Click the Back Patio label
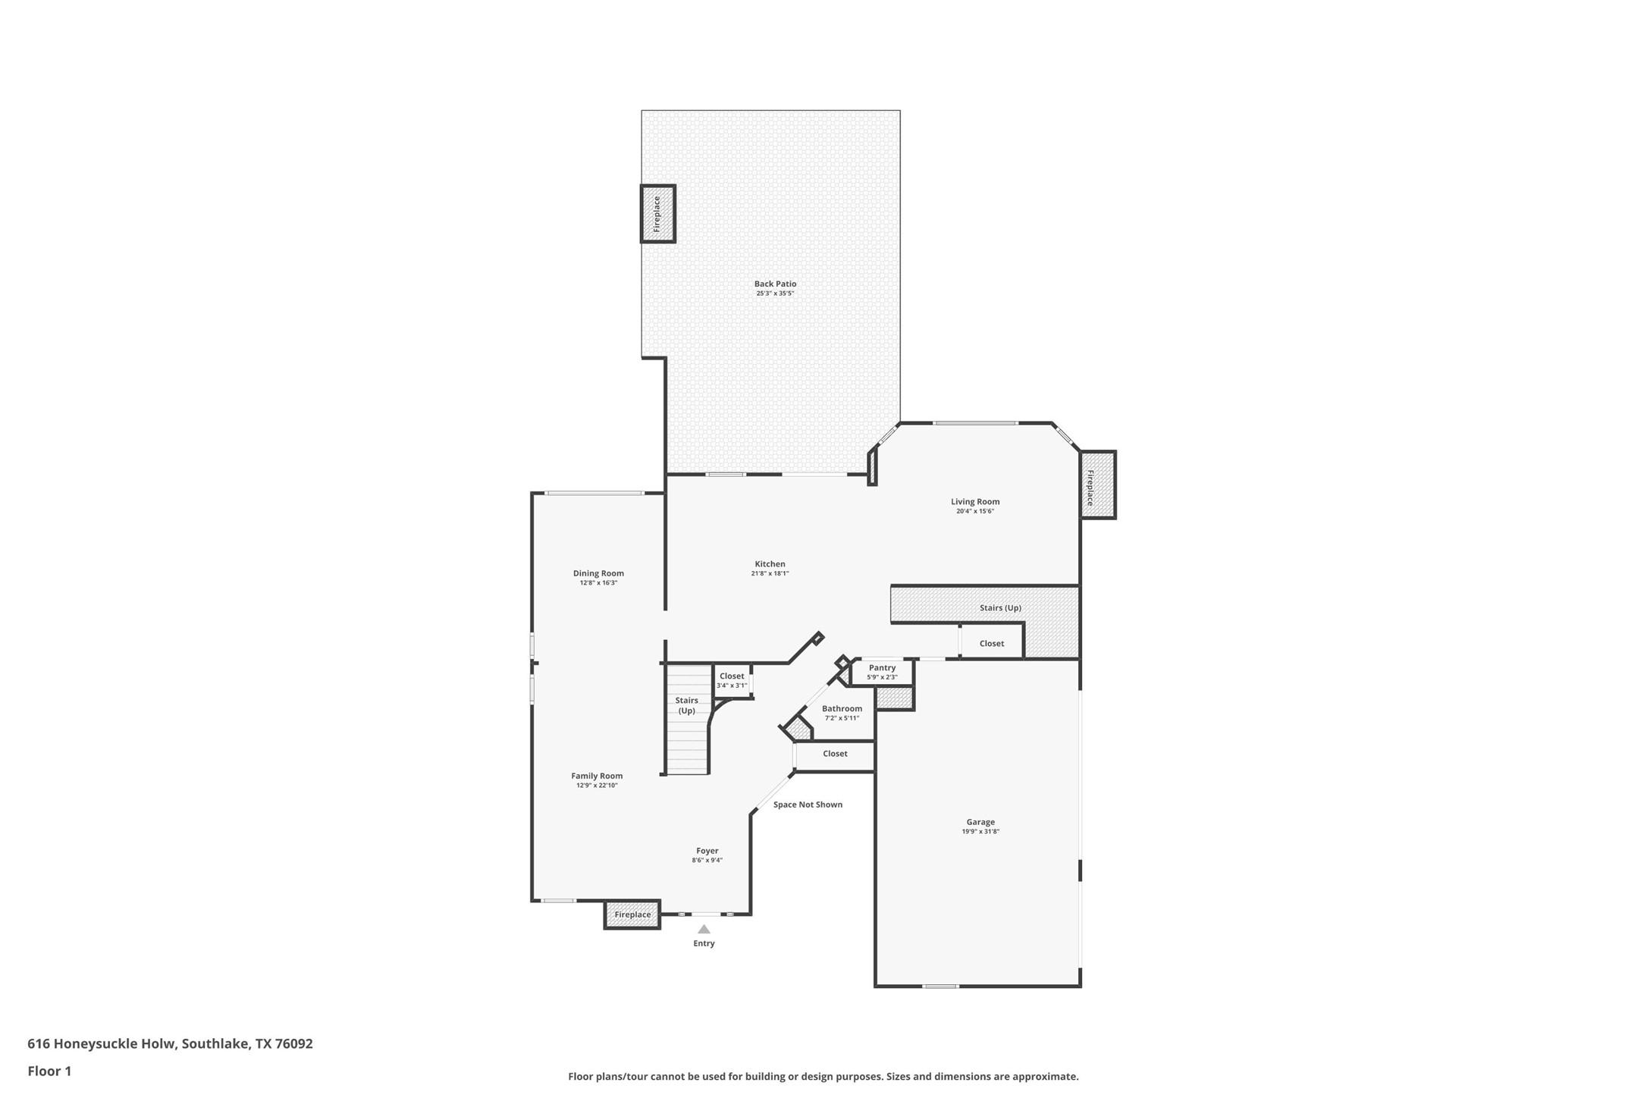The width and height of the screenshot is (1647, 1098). (x=775, y=284)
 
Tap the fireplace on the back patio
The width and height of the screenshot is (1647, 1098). (x=657, y=214)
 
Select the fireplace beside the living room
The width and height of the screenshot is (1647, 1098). (x=1097, y=485)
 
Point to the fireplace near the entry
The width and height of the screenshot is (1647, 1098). (x=632, y=914)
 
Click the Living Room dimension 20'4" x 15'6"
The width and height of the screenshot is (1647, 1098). (x=975, y=511)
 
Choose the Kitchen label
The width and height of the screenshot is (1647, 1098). (x=770, y=564)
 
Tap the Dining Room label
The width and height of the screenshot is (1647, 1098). (x=598, y=573)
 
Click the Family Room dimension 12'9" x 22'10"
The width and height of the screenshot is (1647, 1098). (x=597, y=786)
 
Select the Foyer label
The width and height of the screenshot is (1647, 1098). (x=707, y=851)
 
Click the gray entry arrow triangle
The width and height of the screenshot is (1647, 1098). (x=704, y=929)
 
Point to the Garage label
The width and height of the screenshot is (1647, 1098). (x=980, y=822)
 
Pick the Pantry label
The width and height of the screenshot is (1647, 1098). (x=882, y=668)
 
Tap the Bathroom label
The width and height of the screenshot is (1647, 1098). (x=842, y=708)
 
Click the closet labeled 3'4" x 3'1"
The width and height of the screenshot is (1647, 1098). (x=732, y=680)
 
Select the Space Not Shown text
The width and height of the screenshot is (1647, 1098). (x=808, y=805)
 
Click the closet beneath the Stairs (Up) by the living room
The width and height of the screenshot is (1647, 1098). (x=991, y=644)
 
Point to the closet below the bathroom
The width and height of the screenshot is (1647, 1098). (x=835, y=754)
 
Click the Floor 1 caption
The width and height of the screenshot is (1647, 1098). (x=49, y=1071)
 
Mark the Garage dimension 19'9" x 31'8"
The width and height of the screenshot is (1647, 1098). (x=980, y=832)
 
